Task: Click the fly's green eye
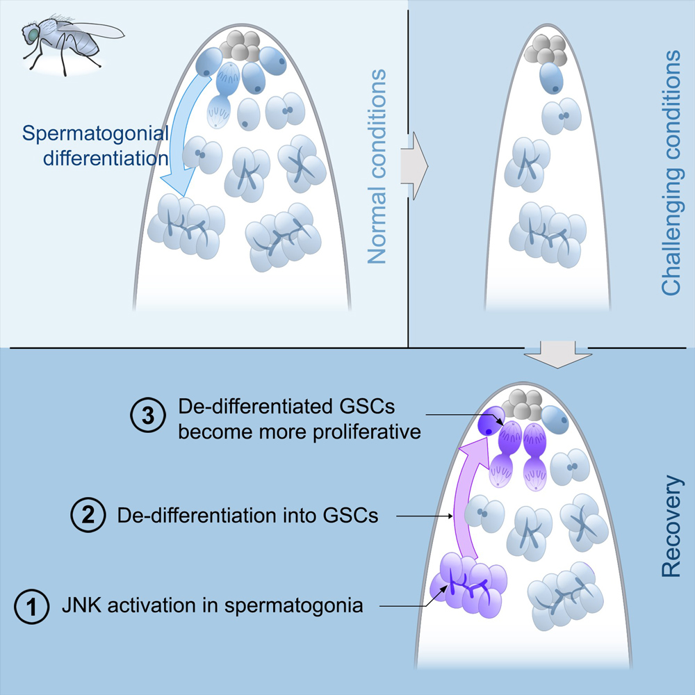click(x=31, y=31)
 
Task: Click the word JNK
click(x=76, y=605)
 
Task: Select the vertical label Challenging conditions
click(x=671, y=173)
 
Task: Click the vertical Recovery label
click(x=671, y=526)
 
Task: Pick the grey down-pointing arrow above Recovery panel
click(x=559, y=354)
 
